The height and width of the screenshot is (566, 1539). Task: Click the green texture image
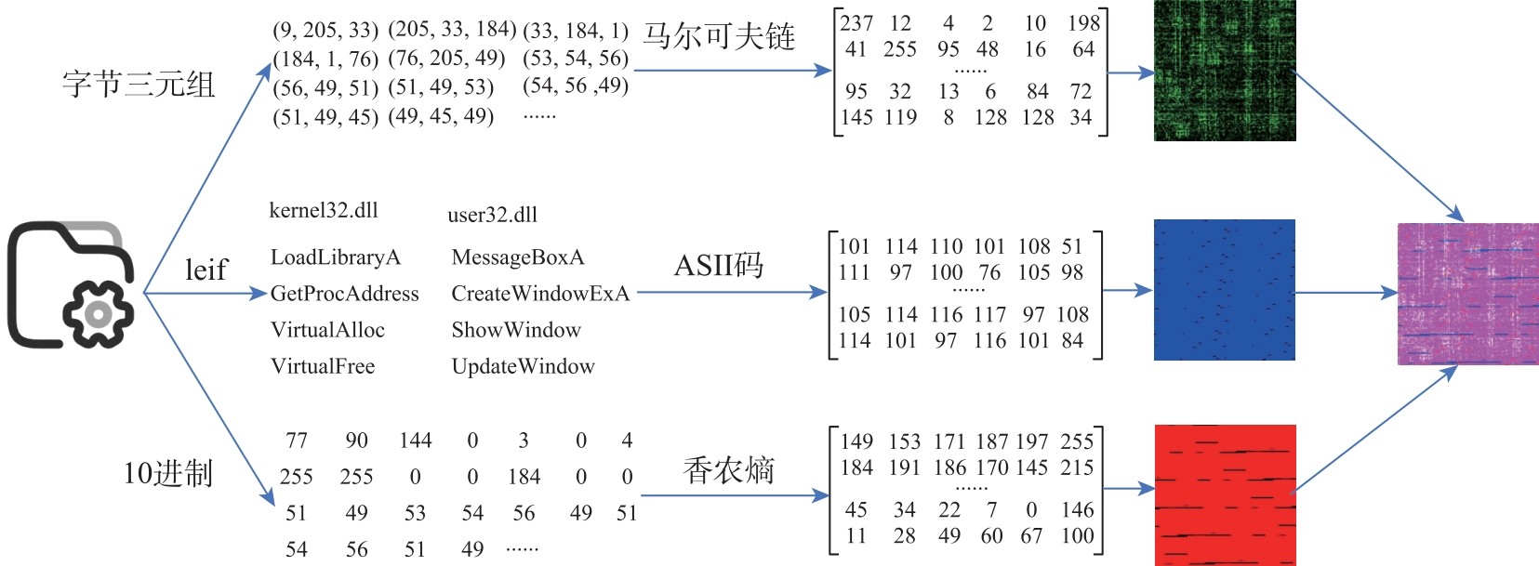coord(1224,71)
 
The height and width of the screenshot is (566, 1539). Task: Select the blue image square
coord(1224,290)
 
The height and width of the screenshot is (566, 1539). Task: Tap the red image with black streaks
coord(1225,494)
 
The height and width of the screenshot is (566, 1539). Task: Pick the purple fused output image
coord(1467,294)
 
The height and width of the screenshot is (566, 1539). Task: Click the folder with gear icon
coord(72,284)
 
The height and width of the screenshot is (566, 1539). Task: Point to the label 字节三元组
coord(139,84)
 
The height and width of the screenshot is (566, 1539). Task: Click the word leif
coord(206,270)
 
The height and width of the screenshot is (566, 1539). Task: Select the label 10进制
coord(168,473)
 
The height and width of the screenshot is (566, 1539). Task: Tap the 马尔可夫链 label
coord(719,37)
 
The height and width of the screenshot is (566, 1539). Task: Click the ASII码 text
coord(718,266)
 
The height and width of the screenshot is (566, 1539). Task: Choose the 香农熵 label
coord(728,470)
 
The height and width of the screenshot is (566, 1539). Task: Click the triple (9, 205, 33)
coord(325,31)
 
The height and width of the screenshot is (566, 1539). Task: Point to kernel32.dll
coord(324,211)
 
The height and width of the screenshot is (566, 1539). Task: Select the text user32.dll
coord(492,215)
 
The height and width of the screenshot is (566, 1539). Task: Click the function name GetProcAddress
coord(344,294)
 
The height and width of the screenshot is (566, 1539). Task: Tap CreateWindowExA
coord(540,294)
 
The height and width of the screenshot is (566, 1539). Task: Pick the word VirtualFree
coord(323,366)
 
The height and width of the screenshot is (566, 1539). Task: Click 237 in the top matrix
coord(856,23)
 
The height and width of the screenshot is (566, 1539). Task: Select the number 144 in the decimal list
coord(415,440)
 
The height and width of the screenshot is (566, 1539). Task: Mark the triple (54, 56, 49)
coord(576,86)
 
